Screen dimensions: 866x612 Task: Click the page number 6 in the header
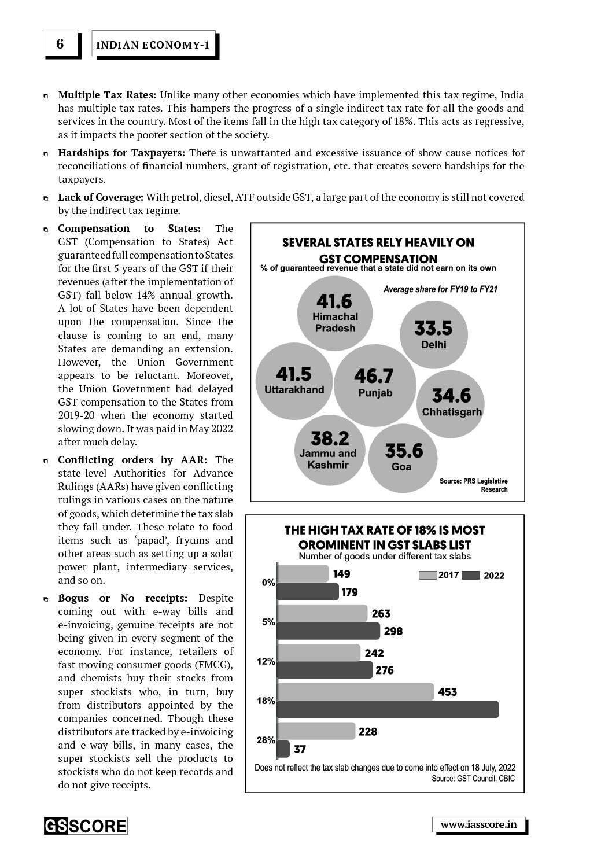(60, 44)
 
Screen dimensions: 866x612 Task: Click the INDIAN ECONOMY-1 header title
(153, 45)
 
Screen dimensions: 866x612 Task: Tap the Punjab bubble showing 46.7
(374, 383)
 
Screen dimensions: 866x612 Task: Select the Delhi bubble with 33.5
(434, 334)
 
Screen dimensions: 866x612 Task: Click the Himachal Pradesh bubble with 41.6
(334, 312)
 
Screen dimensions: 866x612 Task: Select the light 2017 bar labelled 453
(356, 692)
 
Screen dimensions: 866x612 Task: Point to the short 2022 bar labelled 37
(283, 749)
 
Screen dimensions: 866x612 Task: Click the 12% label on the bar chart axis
(266, 661)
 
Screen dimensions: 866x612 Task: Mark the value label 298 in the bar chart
(393, 631)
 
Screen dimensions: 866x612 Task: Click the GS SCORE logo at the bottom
(86, 826)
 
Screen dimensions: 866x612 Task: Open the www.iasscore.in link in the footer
(478, 824)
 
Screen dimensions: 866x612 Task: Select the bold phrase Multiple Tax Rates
(106, 95)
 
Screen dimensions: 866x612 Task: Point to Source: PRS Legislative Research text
(474, 485)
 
